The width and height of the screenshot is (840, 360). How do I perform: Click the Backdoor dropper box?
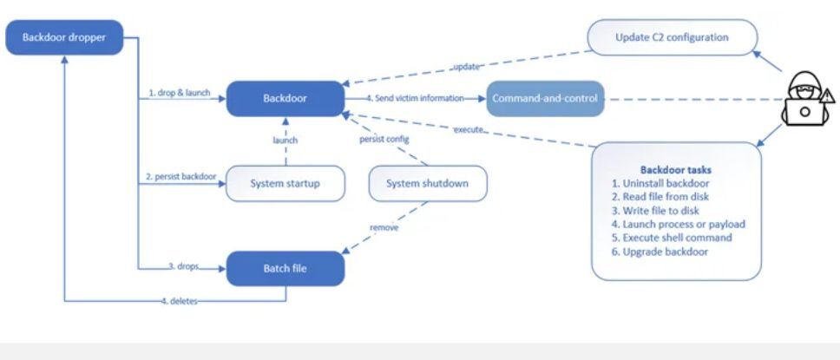point(63,37)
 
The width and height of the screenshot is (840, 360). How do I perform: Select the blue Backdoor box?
point(285,99)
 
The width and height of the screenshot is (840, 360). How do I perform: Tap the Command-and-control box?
point(543,99)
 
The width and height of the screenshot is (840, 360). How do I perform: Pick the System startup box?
point(285,183)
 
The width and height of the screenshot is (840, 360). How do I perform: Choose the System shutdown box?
point(428,183)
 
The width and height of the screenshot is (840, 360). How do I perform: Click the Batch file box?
point(285,268)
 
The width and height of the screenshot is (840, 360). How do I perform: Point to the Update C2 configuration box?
point(672,37)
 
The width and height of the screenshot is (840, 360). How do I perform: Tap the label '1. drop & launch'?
point(179,93)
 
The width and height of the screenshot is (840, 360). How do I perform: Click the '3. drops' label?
point(185,262)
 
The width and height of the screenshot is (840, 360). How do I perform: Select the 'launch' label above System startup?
point(285,140)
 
